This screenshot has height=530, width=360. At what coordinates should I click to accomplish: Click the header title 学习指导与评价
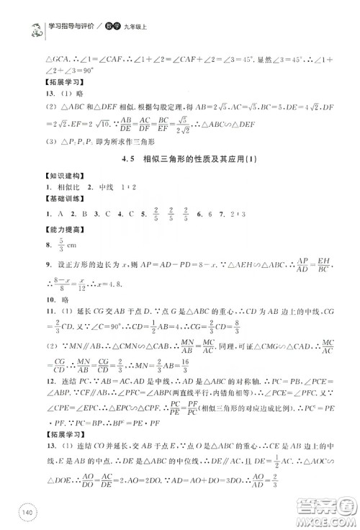pyautogui.click(x=73, y=27)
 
